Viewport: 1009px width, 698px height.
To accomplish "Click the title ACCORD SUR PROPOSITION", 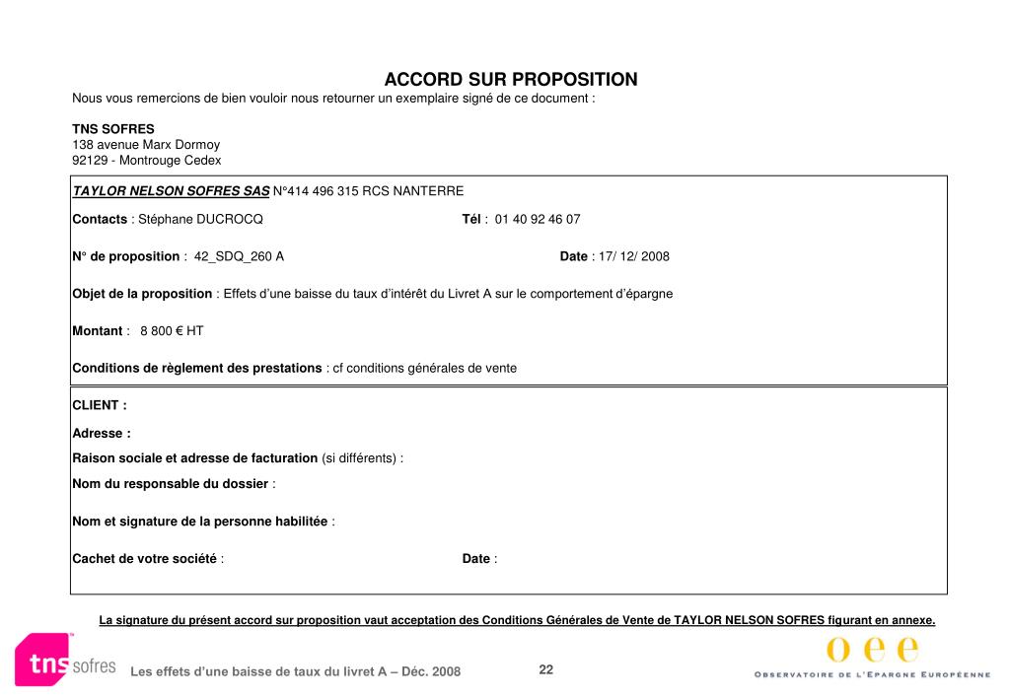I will [510, 79].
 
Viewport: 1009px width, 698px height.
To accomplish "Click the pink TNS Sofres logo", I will [64, 660].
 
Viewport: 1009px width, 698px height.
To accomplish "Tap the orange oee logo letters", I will [872, 650].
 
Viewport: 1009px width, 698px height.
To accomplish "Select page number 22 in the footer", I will [545, 670].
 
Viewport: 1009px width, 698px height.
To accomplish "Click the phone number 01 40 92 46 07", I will [537, 219].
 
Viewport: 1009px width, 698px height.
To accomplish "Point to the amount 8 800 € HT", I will [172, 331].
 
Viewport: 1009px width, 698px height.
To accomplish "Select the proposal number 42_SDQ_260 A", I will [239, 256].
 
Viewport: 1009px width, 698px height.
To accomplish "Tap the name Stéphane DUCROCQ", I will [200, 219].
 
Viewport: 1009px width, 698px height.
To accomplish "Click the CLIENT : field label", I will [99, 405].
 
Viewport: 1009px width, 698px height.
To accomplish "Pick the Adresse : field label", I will [102, 433].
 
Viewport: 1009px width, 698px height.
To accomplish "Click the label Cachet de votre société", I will [144, 559].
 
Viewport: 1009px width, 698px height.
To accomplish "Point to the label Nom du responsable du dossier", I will [170, 484].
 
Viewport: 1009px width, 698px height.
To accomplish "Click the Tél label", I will [471, 219].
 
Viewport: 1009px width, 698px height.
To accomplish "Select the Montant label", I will [98, 331].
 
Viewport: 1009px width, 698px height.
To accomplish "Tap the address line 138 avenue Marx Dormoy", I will [146, 144].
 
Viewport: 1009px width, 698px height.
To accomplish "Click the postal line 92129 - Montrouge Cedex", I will [147, 160].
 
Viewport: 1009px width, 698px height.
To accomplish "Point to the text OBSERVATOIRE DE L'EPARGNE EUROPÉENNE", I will [872, 674].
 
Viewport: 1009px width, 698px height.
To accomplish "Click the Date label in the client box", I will [476, 559].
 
